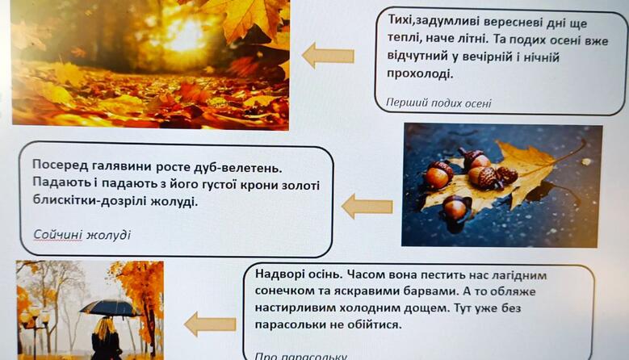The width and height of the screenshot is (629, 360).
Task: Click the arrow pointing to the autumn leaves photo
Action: click(328, 56)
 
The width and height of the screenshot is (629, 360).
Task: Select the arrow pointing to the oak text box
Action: click(367, 207)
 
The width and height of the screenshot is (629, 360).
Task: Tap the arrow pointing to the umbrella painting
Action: click(210, 324)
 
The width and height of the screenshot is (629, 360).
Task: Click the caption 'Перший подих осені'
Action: click(438, 103)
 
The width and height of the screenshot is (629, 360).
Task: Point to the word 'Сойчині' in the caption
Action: click(57, 234)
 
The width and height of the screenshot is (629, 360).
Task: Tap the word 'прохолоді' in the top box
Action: click(420, 73)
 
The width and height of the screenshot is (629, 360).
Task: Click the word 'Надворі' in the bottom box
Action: click(279, 274)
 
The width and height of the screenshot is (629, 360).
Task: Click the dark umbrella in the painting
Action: click(109, 307)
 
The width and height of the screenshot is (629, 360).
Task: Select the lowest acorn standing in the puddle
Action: click(455, 208)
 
